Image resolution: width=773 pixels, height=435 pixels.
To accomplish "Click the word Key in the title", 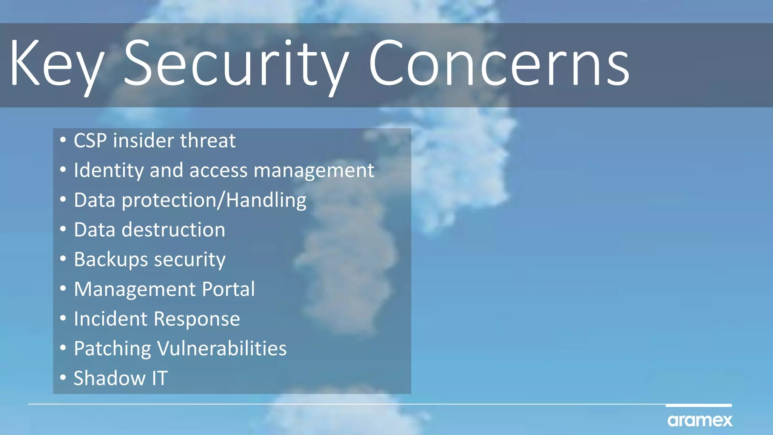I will (x=57, y=64).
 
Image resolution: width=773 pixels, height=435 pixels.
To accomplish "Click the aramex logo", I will (x=700, y=420).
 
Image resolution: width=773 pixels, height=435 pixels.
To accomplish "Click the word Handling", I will (x=266, y=200).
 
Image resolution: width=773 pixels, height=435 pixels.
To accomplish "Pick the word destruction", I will (x=173, y=230).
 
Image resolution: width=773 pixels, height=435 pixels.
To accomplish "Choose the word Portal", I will (x=228, y=289).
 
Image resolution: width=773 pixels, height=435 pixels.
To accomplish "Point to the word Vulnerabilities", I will (x=222, y=348).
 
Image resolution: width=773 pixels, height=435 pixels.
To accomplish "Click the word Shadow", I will (x=109, y=378).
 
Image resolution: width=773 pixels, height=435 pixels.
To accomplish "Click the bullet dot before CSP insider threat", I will (x=63, y=140).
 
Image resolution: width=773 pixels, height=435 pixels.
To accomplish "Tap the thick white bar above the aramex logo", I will (x=699, y=406).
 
